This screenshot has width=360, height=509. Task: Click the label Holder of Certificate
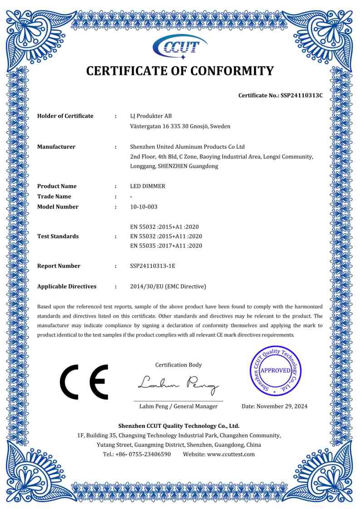click(x=65, y=116)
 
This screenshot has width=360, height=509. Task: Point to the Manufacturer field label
click(x=56, y=147)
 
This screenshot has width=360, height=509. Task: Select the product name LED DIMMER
click(x=148, y=186)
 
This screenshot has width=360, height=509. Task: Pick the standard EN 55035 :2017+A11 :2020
click(x=166, y=246)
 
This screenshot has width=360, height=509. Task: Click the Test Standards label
click(x=58, y=236)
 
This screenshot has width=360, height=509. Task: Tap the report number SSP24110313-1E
click(x=153, y=266)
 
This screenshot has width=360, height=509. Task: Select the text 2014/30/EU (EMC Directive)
click(x=168, y=287)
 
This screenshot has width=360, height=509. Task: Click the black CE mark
click(x=84, y=382)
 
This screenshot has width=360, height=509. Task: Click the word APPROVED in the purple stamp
click(x=276, y=371)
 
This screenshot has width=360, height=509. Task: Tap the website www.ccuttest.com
click(x=231, y=454)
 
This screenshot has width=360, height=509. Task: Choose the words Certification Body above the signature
click(x=178, y=365)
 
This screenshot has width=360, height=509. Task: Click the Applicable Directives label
click(x=67, y=287)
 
